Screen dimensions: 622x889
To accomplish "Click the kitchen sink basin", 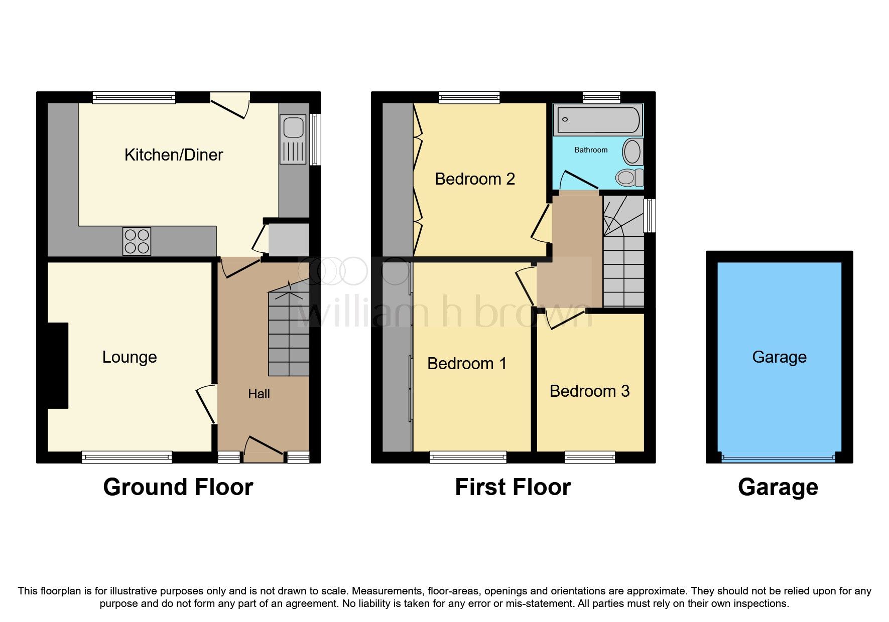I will (x=293, y=127).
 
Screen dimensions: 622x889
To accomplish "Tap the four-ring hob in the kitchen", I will (x=137, y=241).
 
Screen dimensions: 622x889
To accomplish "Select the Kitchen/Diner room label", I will (x=174, y=155).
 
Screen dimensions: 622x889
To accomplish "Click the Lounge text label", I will (x=130, y=357).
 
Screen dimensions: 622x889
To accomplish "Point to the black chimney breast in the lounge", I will (x=58, y=365).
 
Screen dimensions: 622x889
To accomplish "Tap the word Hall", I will (x=259, y=394).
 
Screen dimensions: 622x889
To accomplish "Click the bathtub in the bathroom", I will (x=597, y=120).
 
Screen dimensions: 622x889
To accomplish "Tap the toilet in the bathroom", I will (x=628, y=177).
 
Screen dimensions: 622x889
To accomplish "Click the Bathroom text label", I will (x=591, y=150).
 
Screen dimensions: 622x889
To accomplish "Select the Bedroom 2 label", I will (x=475, y=179).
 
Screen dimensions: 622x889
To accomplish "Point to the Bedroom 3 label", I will (x=589, y=391).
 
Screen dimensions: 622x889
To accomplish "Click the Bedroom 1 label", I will (x=467, y=364).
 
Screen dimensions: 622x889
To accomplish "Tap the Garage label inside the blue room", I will (x=779, y=357).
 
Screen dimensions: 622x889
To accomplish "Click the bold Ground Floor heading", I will (x=178, y=487).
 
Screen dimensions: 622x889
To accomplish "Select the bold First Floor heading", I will (x=513, y=487).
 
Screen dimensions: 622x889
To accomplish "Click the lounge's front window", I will (x=127, y=456).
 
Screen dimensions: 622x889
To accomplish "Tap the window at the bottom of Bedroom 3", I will (x=590, y=456).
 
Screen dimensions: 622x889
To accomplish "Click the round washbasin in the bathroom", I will (x=632, y=151).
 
